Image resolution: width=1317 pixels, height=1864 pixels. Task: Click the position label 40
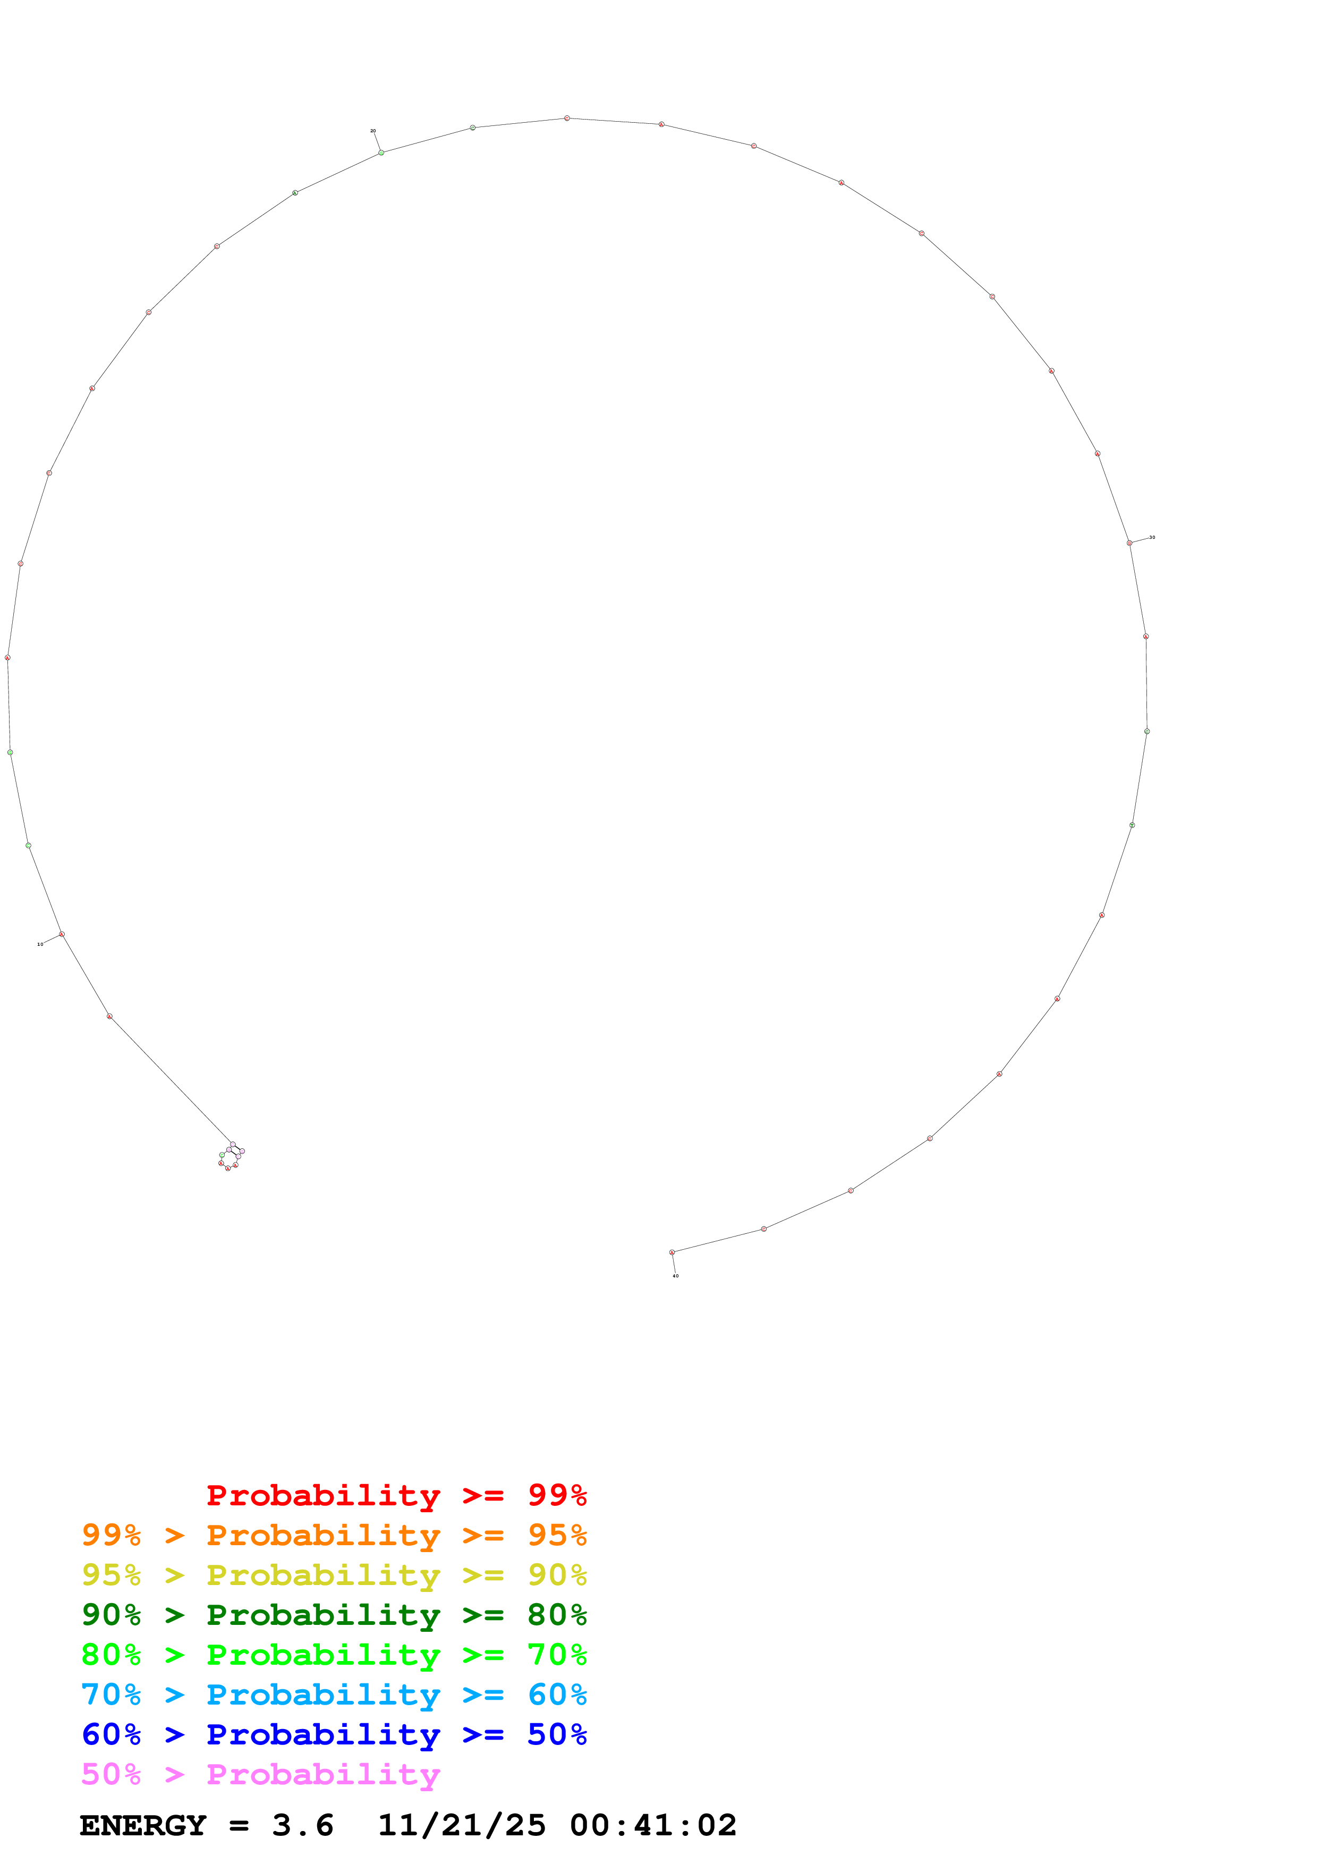coord(675,1275)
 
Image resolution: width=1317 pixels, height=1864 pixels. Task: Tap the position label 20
coord(373,131)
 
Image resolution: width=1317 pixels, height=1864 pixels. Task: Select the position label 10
coord(40,944)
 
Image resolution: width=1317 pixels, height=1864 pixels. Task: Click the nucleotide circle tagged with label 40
coord(672,1252)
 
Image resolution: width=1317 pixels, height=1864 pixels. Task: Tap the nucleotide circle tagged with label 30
coord(1129,543)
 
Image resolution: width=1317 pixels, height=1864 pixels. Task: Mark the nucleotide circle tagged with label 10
coord(62,935)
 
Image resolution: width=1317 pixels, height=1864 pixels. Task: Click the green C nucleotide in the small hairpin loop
coord(222,1155)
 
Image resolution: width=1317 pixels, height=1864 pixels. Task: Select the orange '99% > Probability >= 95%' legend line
coord(334,1535)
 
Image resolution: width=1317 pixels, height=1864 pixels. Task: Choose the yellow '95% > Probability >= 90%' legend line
coord(334,1575)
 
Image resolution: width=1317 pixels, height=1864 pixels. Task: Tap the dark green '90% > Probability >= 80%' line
coord(334,1615)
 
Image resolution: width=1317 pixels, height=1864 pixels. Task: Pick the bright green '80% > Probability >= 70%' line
coord(334,1655)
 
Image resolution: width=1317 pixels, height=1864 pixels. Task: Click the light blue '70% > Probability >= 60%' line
coord(334,1694)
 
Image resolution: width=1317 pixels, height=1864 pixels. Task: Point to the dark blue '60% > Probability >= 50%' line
coord(334,1734)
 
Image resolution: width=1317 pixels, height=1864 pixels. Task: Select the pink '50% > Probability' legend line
coord(260,1774)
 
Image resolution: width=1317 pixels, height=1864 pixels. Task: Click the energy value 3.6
coord(303,1825)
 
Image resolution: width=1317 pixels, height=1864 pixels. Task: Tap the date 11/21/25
coord(462,1825)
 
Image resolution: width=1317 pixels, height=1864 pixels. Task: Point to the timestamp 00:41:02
coord(653,1825)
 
